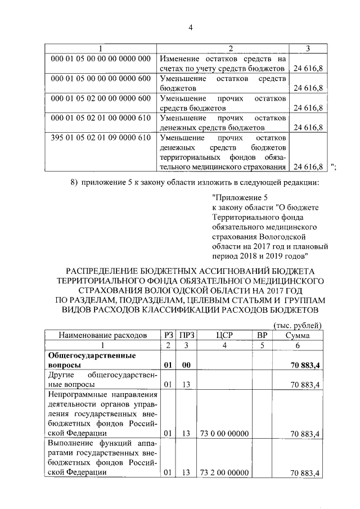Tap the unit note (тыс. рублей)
(297, 325)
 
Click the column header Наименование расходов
(98, 335)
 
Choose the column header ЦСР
(224, 335)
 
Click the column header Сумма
(297, 335)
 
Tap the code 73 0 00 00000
(224, 434)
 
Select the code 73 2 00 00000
(224, 473)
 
